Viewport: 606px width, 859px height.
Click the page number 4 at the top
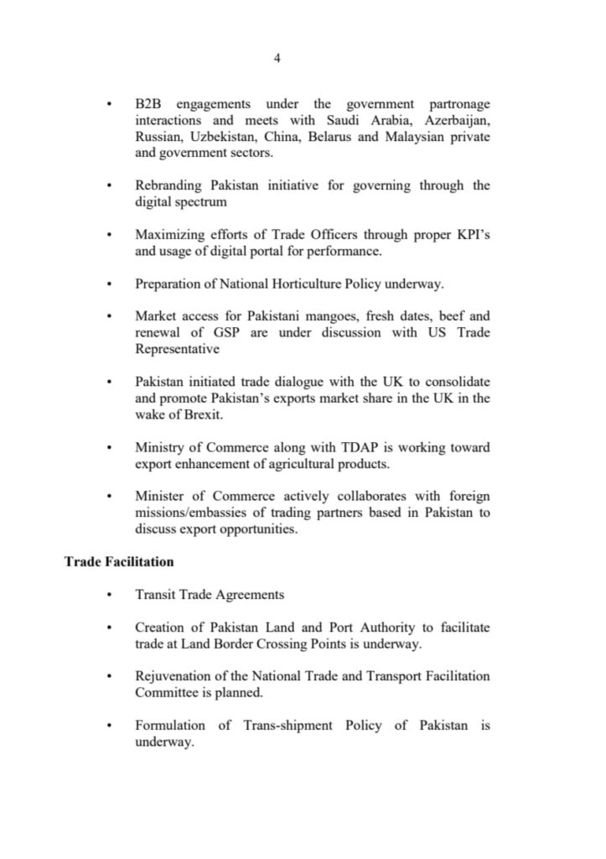tap(277, 58)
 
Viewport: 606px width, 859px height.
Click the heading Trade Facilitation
tap(119, 560)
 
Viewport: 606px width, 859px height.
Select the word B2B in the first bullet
tap(148, 103)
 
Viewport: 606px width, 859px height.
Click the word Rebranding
tap(168, 185)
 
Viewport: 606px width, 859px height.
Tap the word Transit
tap(156, 594)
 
